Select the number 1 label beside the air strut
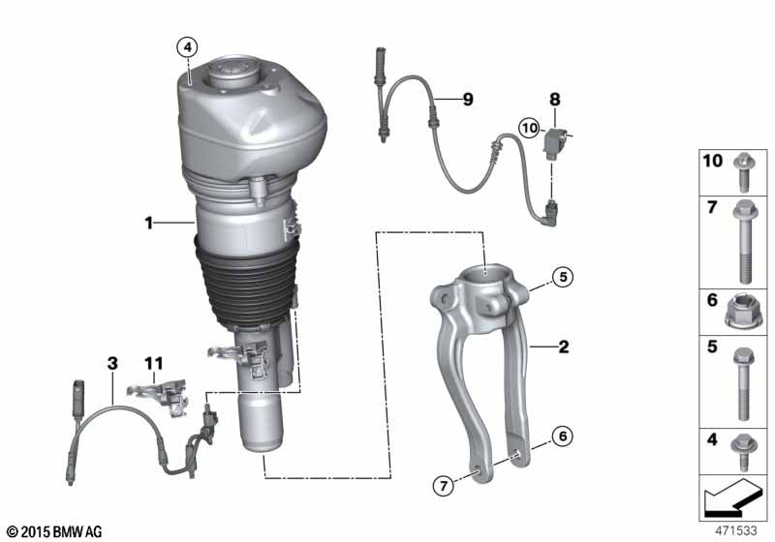tap(150, 224)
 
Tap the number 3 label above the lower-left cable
tap(112, 364)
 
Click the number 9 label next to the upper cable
tap(467, 100)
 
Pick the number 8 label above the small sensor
tap(555, 99)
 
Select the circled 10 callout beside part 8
tap(529, 127)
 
